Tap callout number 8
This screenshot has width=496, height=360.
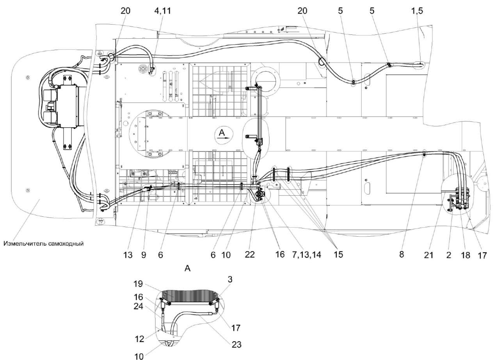click(401, 253)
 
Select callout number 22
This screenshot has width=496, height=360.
click(250, 253)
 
